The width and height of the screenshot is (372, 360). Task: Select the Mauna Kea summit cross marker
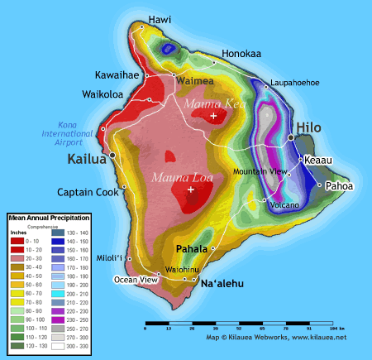click(214, 117)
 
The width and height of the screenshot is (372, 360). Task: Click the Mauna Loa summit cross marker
click(191, 190)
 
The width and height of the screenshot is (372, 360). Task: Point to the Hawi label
click(160, 19)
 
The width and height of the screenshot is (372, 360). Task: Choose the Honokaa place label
click(241, 54)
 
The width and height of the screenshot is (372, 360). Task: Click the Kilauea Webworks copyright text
click(276, 338)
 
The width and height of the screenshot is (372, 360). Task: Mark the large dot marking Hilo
click(291, 137)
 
